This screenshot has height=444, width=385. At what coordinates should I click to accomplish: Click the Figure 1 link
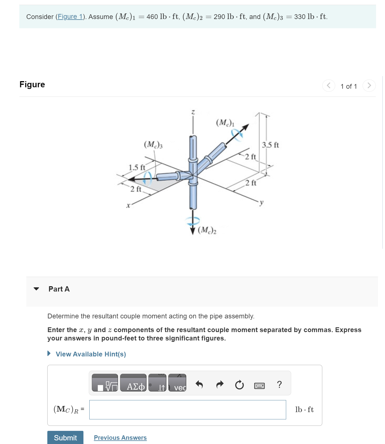(x=70, y=17)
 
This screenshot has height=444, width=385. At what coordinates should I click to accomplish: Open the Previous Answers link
(x=120, y=438)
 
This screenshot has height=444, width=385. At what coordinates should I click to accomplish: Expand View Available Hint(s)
(x=90, y=354)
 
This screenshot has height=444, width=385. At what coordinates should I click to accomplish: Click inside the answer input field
(x=187, y=410)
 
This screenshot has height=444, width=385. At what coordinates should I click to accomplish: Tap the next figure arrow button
(x=369, y=85)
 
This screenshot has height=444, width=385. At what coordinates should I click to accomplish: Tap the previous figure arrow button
(x=328, y=85)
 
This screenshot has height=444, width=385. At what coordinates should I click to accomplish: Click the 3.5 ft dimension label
(x=270, y=145)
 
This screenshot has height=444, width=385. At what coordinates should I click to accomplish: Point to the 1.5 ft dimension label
(x=137, y=168)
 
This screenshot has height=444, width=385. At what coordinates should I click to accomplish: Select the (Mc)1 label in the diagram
(x=225, y=123)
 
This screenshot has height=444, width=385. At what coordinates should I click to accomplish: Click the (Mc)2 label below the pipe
(x=207, y=230)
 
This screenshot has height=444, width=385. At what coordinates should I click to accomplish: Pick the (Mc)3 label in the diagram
(x=153, y=145)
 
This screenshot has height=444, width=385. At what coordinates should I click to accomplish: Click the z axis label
(x=193, y=112)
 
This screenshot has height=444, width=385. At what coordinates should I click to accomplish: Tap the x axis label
(x=128, y=206)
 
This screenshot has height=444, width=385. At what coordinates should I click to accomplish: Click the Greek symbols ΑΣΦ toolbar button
(x=133, y=383)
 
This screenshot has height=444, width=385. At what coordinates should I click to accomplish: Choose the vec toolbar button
(x=178, y=383)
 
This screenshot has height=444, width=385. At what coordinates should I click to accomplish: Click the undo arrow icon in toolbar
(x=199, y=385)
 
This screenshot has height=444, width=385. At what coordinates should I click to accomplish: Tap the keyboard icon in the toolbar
(x=259, y=386)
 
